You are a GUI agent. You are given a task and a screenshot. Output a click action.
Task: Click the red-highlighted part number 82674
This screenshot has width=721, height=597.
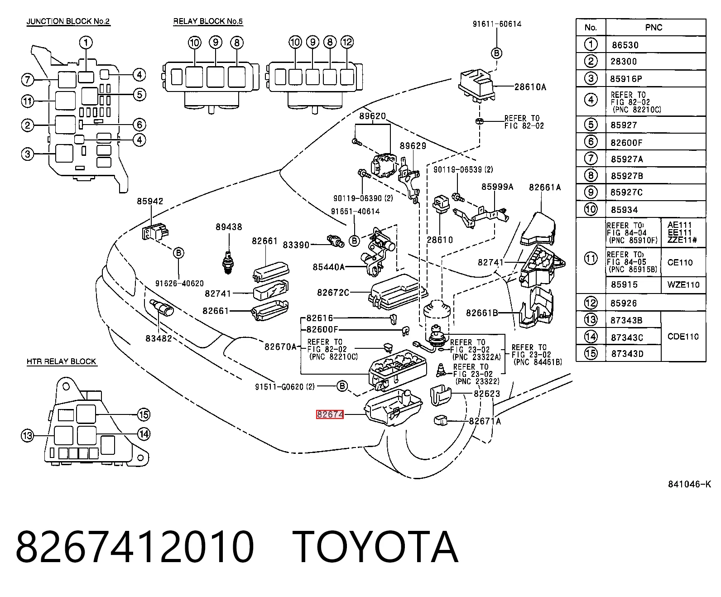[x=330, y=414]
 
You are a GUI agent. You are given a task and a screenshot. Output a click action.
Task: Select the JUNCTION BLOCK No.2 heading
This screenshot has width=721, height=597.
[x=68, y=21]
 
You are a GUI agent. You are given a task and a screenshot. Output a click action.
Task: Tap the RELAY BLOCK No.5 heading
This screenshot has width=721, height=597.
[x=208, y=21]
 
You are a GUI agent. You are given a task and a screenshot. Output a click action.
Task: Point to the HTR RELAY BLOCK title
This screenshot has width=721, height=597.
[x=62, y=361]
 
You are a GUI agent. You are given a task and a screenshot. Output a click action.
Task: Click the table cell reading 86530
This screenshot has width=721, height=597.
[x=625, y=45]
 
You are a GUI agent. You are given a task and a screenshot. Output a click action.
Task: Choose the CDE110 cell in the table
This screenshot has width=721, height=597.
[x=683, y=337]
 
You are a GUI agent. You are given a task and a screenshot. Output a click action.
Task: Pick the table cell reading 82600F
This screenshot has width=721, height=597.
[x=626, y=143]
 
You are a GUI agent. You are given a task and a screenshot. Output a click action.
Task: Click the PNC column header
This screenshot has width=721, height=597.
[x=654, y=28]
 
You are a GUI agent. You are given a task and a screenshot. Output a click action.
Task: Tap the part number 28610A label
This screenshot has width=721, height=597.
[x=530, y=87]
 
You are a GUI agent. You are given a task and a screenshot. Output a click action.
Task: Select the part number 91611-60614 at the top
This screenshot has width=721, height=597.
[x=497, y=24]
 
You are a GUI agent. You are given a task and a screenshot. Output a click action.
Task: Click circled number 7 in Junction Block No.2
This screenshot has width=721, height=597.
[x=28, y=80]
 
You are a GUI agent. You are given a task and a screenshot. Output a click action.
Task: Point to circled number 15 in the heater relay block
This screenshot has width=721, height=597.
[x=144, y=414]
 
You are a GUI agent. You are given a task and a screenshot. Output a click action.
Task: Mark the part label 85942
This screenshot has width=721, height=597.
[x=150, y=201]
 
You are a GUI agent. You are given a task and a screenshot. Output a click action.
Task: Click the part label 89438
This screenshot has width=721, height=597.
[x=229, y=227]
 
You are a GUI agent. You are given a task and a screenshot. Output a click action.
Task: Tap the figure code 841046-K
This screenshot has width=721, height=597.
[x=689, y=484]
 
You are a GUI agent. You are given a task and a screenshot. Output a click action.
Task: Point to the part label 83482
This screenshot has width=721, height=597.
[x=159, y=338]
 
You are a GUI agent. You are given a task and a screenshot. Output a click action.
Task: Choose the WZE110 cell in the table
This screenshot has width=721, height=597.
[x=683, y=284]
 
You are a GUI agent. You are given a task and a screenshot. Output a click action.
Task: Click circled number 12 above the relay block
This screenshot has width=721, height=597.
[x=347, y=42]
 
